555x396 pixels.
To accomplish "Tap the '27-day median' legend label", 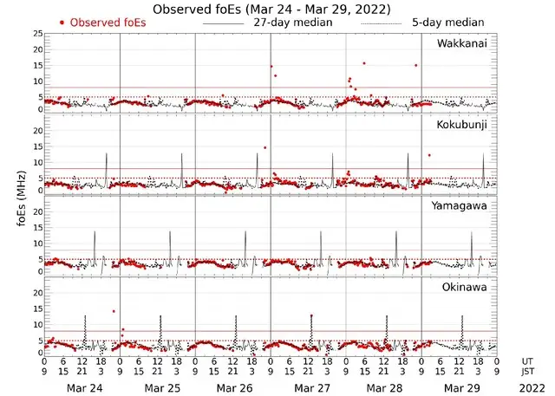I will pyautogui.click(x=292, y=22).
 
